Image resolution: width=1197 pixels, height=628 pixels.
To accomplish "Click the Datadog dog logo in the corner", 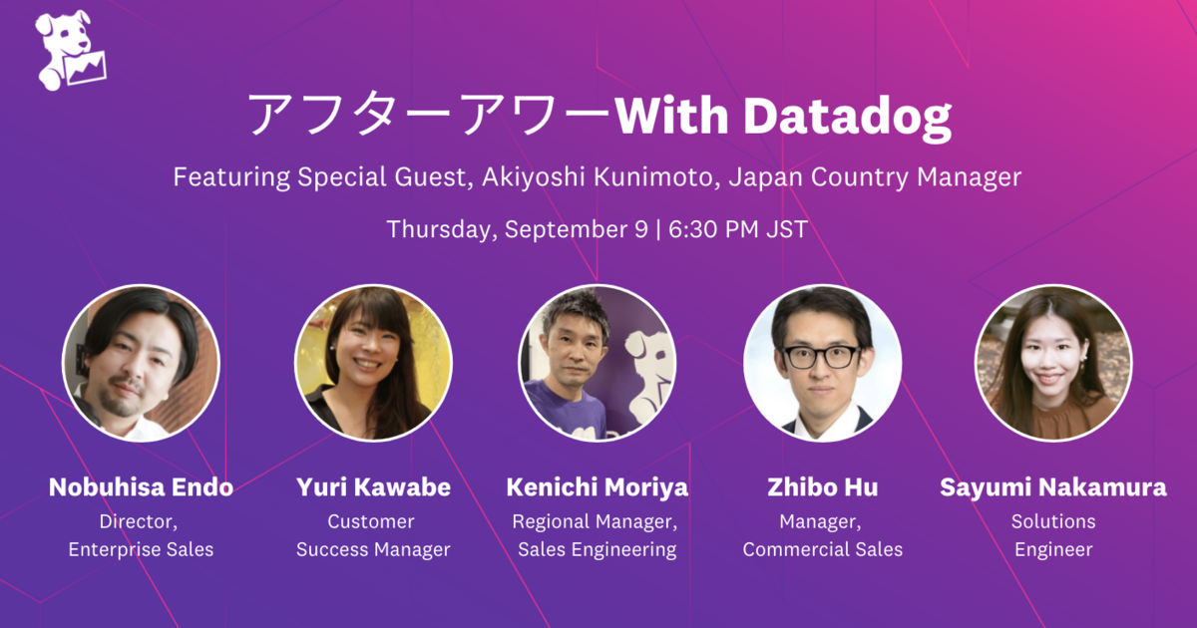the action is pos(71,51).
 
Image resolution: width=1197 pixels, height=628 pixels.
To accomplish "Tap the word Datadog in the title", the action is pos(848,118).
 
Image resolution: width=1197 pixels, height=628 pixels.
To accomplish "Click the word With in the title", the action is pos(672,115).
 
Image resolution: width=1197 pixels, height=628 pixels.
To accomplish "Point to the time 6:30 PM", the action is pos(714,229).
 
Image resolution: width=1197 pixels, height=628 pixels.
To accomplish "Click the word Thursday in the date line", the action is pos(443,229).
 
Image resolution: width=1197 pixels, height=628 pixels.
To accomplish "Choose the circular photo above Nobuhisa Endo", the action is pos(141,363).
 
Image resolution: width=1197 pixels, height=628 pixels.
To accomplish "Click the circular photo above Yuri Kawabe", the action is pos(373,363).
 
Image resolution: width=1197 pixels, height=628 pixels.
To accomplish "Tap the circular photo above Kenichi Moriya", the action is pos(598,363).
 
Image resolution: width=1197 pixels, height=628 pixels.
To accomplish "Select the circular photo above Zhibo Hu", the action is pos(822,363).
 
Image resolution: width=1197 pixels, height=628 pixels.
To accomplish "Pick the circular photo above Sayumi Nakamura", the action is pos(1053,363).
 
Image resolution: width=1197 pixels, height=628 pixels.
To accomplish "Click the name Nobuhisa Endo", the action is pos(141,487).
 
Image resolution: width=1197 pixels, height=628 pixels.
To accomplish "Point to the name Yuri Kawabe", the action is pos(373,487).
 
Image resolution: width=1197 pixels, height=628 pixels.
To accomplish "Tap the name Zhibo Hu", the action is pos(822,487).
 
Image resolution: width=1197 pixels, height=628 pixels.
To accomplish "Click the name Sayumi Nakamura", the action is pos(1053,488).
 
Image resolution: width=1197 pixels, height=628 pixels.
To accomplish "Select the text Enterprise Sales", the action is pos(141,549).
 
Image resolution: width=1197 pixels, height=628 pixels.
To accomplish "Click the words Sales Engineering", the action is pos(598,550).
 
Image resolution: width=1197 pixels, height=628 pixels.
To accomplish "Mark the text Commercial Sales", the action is pos(822,549).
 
